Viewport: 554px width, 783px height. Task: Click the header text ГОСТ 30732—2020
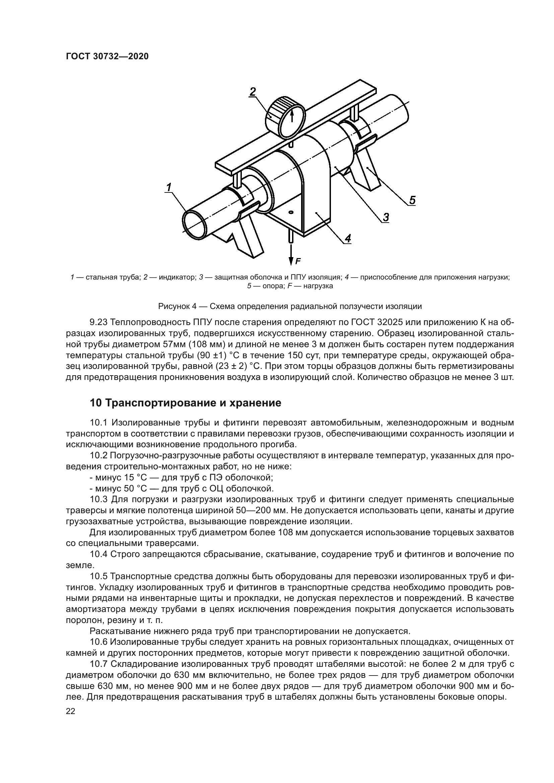coord(107,57)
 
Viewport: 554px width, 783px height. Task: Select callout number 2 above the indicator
coord(253,92)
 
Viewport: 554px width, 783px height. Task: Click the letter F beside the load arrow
coord(298,261)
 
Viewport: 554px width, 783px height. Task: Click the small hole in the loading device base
coord(291,213)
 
